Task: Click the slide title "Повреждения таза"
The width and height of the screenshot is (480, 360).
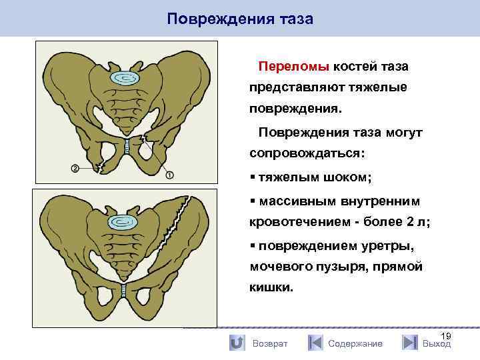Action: click(x=240, y=18)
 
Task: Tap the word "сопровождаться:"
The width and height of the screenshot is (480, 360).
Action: click(x=307, y=153)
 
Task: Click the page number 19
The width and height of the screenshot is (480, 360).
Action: click(x=446, y=337)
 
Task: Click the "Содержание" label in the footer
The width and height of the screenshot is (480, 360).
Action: click(x=355, y=343)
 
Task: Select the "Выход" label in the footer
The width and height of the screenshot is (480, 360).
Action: click(x=437, y=344)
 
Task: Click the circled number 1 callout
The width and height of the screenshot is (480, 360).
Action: click(x=169, y=175)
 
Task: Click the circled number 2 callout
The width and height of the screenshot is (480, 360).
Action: click(x=75, y=168)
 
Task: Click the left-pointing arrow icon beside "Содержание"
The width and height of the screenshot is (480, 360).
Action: click(x=315, y=343)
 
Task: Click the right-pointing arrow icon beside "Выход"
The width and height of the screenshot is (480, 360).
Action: click(x=410, y=343)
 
